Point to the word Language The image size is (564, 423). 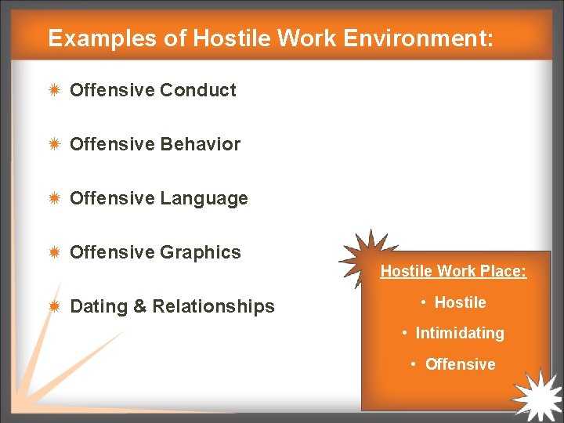[204, 198]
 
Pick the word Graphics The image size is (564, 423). [201, 252]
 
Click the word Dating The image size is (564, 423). [99, 306]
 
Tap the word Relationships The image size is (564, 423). [213, 306]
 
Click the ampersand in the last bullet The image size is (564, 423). [140, 306]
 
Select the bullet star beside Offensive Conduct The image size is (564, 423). [54, 90]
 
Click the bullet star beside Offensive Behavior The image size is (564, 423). [54, 144]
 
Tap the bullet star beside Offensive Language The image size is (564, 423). [54, 198]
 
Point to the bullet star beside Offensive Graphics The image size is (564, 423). [54, 252]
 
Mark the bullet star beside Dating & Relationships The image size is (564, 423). [54, 306]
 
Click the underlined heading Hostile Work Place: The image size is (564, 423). [454, 272]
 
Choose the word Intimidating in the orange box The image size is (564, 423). [460, 333]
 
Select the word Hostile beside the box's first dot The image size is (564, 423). [460, 302]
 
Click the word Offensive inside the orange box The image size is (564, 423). [460, 364]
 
